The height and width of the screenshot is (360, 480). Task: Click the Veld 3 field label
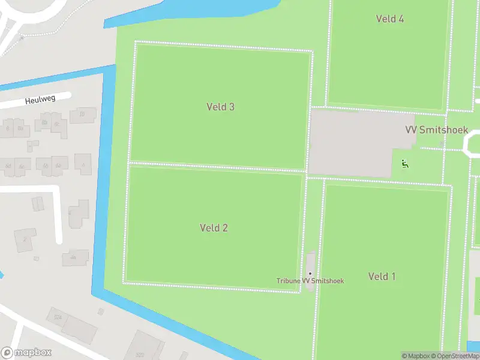(220, 107)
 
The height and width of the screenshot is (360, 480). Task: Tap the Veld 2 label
(214, 228)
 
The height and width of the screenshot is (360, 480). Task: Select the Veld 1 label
(382, 277)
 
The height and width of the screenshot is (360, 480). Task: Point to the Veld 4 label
(390, 19)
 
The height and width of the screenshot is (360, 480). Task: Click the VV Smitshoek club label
(436, 130)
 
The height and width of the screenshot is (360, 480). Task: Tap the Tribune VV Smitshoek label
(310, 281)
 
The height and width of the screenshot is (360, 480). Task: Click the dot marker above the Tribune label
(310, 274)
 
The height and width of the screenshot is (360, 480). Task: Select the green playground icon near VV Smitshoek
(405, 163)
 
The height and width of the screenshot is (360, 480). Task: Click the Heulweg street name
(40, 100)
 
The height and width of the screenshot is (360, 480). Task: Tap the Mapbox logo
(26, 353)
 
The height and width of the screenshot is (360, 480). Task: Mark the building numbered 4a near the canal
(73, 257)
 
